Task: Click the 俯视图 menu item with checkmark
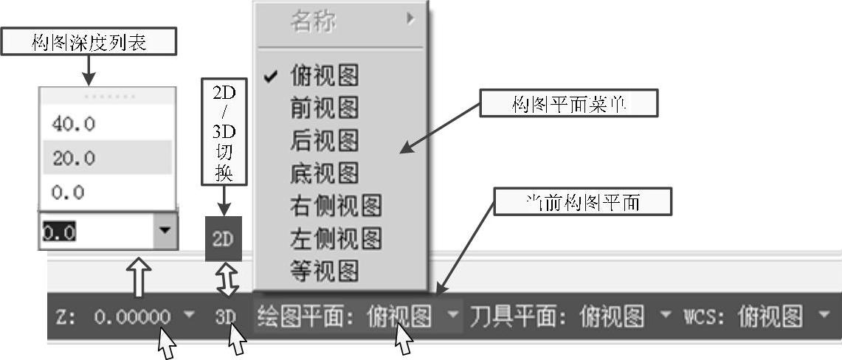tap(325, 75)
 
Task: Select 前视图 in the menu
tap(325, 108)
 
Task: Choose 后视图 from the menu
tap(325, 140)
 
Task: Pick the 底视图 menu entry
tap(325, 173)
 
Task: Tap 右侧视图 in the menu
tap(336, 206)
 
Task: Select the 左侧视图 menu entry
tap(336, 238)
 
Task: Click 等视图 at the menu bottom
tap(325, 271)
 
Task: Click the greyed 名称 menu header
tap(313, 22)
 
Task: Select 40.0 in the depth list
tap(74, 125)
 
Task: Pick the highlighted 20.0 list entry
tap(74, 158)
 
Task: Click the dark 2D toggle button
tap(223, 239)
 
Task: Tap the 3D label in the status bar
tap(225, 317)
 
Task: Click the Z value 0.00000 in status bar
tap(133, 317)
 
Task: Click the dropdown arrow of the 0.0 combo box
tap(164, 232)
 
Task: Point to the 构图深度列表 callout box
tap(89, 43)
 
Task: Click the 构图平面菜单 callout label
tap(568, 104)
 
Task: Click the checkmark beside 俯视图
tap(270, 76)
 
